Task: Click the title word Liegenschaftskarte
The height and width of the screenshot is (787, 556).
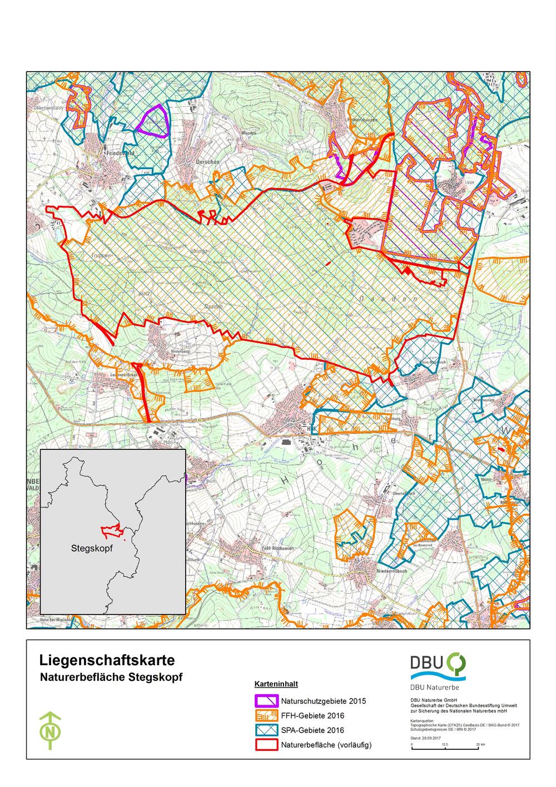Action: (107, 660)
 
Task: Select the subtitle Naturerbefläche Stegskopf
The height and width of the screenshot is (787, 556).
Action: (111, 678)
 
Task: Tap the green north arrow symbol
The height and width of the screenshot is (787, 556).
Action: (51, 730)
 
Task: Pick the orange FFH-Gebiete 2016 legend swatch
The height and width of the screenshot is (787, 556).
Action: (266, 715)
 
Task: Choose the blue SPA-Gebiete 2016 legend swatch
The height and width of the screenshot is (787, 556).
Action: (266, 730)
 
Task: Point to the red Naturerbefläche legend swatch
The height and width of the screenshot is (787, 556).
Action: (266, 745)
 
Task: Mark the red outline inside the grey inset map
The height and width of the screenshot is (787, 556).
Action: (111, 531)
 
